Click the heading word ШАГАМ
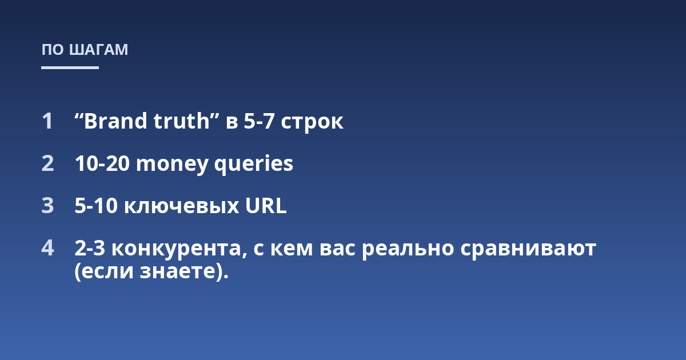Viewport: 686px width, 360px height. point(98,50)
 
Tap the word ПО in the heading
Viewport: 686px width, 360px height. point(53,50)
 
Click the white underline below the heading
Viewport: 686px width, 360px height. point(70,67)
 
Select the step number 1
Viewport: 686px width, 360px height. point(47,121)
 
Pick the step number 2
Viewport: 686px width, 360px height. point(47,163)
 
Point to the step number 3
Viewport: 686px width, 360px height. point(47,205)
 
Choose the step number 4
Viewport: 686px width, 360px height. point(47,247)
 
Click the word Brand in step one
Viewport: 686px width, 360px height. point(115,121)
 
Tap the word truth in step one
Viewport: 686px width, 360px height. point(182,121)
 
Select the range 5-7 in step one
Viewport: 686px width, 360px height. point(259,121)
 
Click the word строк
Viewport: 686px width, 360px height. point(312,123)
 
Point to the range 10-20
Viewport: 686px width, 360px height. point(102,163)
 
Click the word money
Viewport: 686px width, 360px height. point(172,165)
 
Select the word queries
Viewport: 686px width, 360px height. point(254,165)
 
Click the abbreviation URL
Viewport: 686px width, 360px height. point(266,205)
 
